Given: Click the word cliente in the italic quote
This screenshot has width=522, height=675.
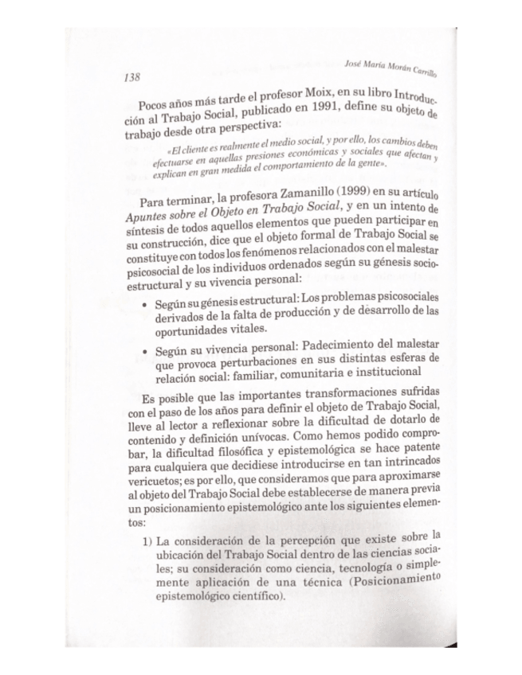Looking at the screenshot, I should (x=199, y=151).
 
